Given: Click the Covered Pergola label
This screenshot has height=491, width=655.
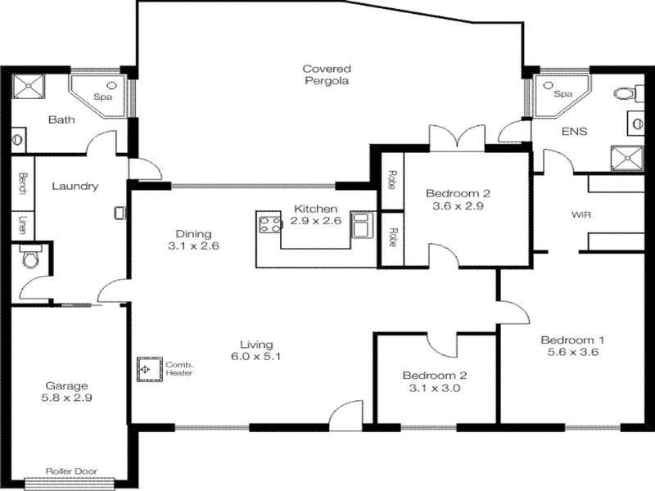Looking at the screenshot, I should point(327,75).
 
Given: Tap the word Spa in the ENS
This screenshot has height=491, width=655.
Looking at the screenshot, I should point(562,94).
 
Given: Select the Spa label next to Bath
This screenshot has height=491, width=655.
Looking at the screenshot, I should point(102,97).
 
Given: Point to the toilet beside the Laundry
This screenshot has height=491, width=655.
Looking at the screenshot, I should point(30,259).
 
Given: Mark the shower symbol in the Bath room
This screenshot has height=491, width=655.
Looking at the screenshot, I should point(31,86).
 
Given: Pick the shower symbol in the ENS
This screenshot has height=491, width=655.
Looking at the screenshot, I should point(626,156).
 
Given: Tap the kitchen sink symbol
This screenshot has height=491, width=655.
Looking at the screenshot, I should point(361,223).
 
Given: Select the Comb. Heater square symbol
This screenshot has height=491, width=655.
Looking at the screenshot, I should point(147,369).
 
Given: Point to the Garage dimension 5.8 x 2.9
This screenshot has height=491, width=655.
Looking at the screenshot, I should point(67,398).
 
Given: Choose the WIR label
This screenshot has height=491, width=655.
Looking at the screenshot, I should point(581,216).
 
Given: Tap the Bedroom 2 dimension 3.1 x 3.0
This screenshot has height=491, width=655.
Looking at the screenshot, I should point(434,389).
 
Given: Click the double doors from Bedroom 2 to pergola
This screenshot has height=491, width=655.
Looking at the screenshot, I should point(458,139).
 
